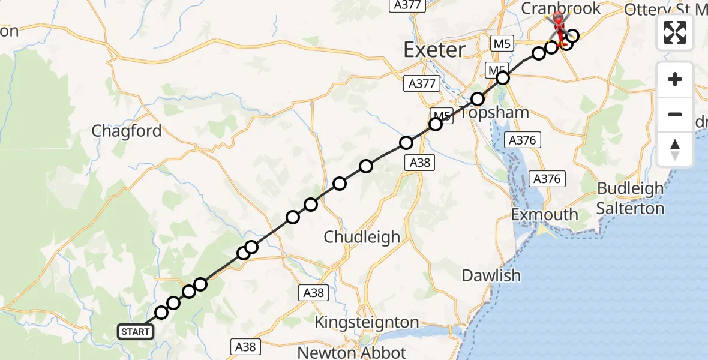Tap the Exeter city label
pyautogui.click(x=434, y=50)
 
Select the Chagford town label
pyautogui.click(x=127, y=131)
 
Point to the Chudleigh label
pyautogui.click(x=362, y=237)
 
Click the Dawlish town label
pyautogui.click(x=491, y=275)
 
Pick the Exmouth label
pyautogui.click(x=545, y=214)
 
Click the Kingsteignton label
pyautogui.click(x=367, y=322)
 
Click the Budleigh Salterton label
pyautogui.click(x=631, y=198)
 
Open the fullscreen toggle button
pyautogui.click(x=675, y=32)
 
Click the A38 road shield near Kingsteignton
pyautogui.click(x=313, y=293)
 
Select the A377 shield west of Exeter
pyautogui.click(x=422, y=84)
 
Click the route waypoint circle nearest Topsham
pyautogui.click(x=478, y=99)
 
